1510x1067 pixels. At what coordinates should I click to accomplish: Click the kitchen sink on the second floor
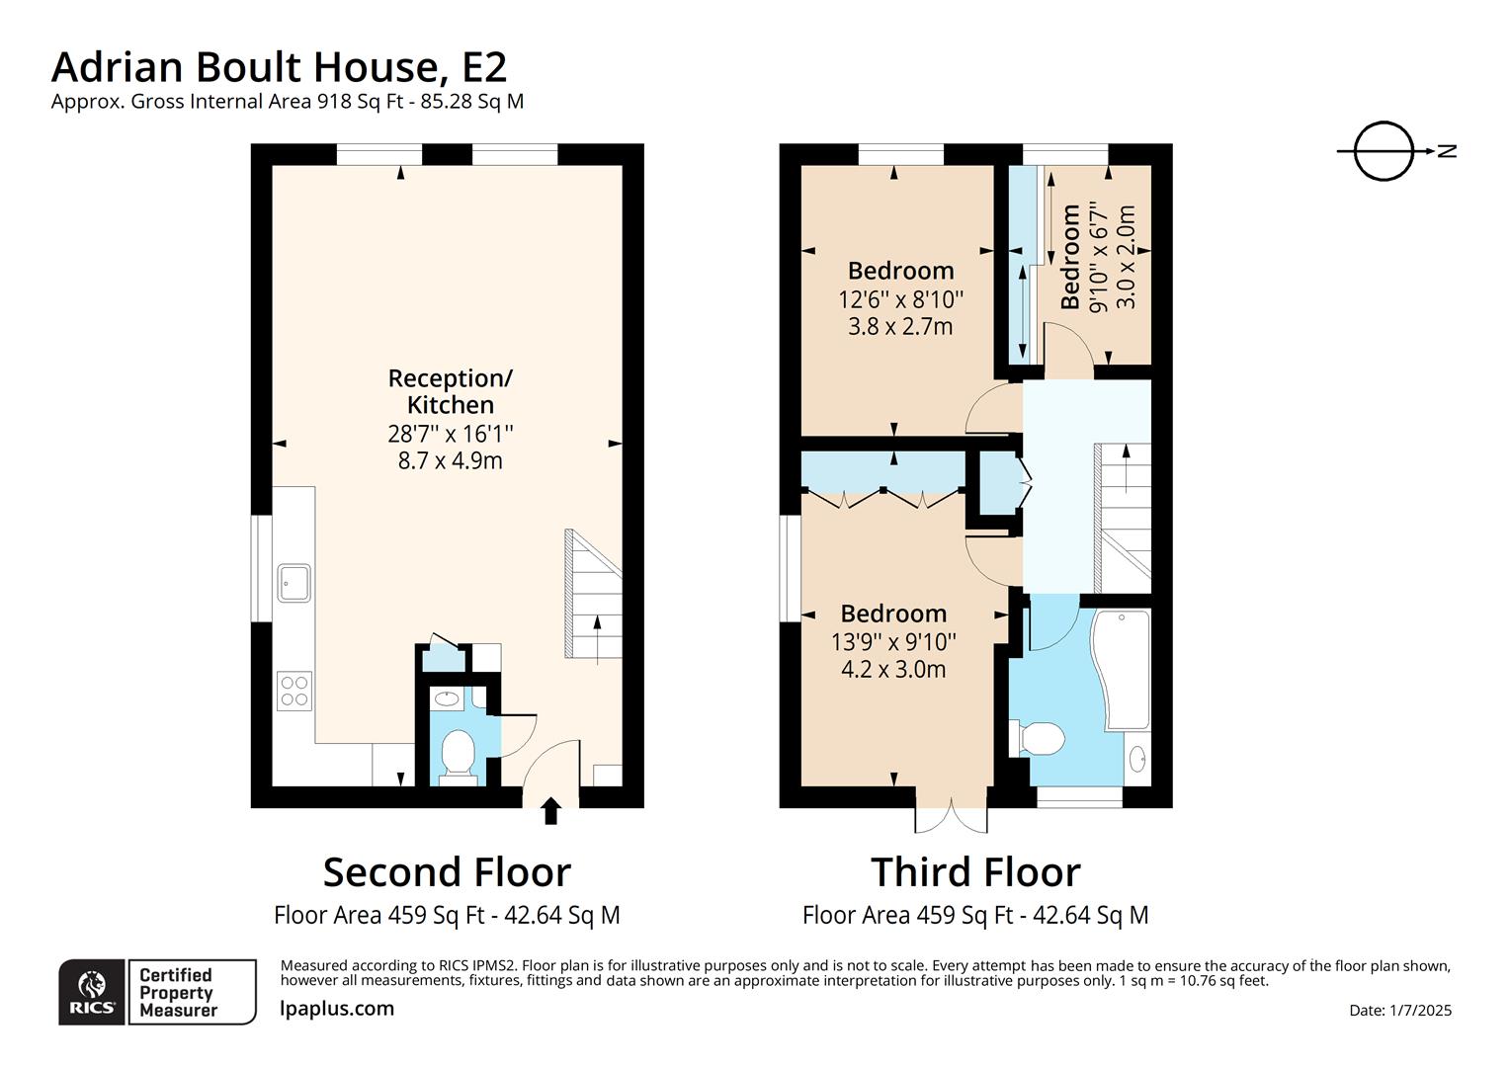click(x=294, y=583)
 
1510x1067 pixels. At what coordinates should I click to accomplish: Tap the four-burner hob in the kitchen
click(x=294, y=690)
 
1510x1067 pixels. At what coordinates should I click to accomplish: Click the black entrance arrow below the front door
click(x=550, y=811)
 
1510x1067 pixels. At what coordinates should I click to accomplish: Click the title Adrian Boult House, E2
click(x=279, y=66)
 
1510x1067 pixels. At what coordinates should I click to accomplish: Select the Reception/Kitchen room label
click(x=450, y=391)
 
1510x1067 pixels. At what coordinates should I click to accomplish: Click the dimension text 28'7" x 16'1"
click(x=450, y=434)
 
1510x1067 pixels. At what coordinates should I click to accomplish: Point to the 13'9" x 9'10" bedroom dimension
click(x=893, y=642)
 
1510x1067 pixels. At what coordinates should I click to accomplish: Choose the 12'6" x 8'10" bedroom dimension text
click(x=899, y=299)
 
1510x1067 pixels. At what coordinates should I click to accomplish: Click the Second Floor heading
click(x=447, y=872)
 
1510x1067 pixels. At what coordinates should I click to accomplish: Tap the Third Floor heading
click(x=975, y=872)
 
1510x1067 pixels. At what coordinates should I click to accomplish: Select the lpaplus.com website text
click(x=337, y=1009)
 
